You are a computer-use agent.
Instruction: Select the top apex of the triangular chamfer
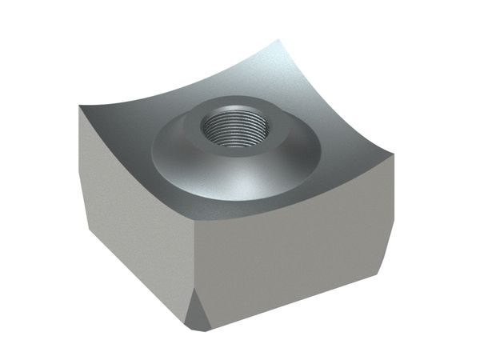(194, 290)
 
